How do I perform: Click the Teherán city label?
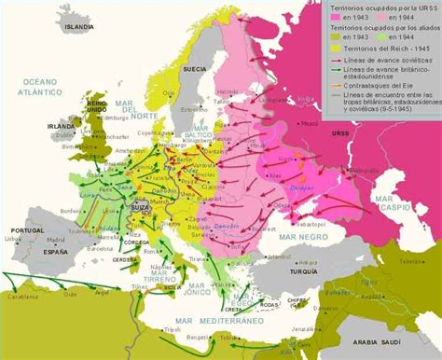[x=424, y=279]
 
